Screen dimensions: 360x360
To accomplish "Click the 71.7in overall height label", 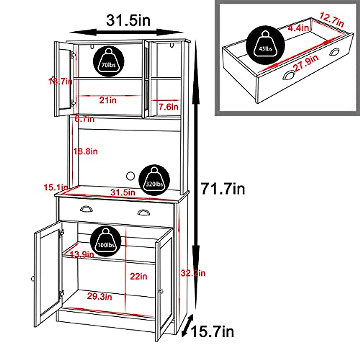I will click(223, 189).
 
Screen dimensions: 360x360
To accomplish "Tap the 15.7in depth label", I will click(212, 331).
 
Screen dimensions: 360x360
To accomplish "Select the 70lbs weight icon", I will click(109, 61).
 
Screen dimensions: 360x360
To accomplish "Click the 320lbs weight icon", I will click(154, 180).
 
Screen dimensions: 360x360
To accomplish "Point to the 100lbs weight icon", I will click(106, 241).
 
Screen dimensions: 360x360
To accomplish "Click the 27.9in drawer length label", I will click(306, 63).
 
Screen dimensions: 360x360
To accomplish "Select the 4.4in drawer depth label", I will click(298, 28).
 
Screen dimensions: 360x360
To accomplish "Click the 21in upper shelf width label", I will click(108, 100).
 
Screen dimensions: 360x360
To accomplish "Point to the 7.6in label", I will click(168, 106).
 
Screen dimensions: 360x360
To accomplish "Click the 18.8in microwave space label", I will click(86, 151).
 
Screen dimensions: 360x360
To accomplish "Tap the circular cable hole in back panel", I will click(130, 176).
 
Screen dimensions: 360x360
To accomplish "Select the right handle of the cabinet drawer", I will click(144, 213).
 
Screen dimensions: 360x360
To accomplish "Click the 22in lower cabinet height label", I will click(138, 276).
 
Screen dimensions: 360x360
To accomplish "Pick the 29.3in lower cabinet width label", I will click(100, 296).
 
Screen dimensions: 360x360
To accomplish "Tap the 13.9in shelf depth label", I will click(82, 255).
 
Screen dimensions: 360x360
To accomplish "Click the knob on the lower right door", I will click(161, 291).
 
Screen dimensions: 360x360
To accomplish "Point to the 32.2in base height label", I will click(193, 273).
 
